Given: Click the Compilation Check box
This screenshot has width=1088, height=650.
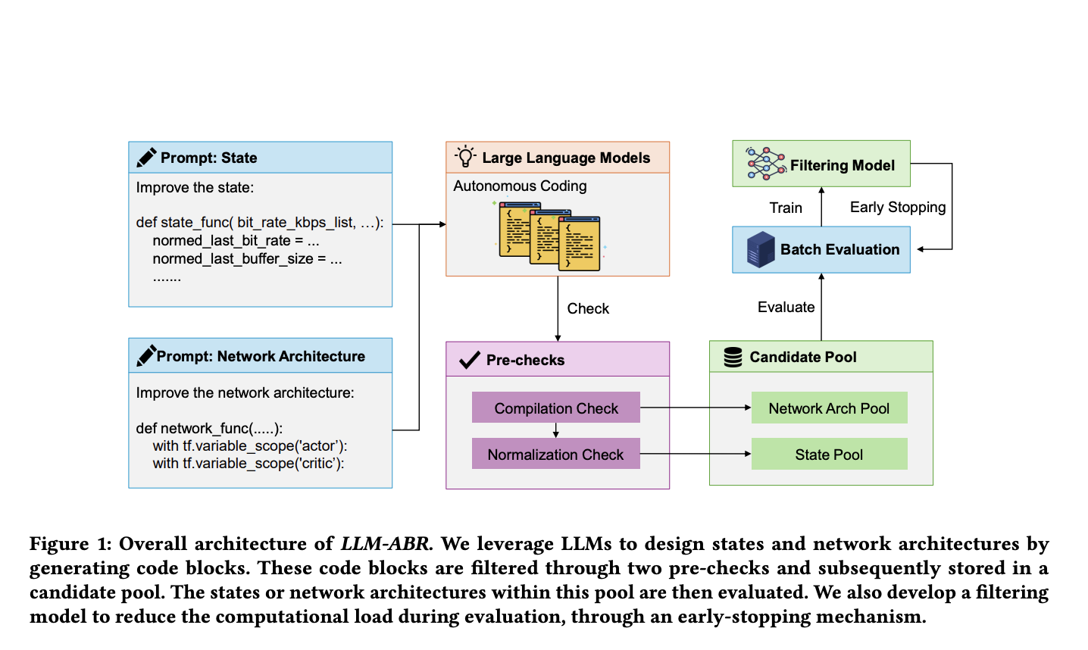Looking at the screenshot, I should (555, 408).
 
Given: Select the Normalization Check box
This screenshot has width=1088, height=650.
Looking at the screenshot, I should (555, 454).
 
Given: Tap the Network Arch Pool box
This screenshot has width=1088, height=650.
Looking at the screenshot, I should (829, 408).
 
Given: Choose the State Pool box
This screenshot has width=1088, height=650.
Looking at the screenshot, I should (829, 454).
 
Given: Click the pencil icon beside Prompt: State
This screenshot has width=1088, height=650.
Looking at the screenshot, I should (146, 158).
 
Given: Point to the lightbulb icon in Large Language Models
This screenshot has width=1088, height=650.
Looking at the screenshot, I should (465, 157).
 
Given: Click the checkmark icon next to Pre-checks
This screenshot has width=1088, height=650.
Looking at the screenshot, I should (469, 360).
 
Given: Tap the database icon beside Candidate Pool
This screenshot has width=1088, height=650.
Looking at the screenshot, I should (733, 357).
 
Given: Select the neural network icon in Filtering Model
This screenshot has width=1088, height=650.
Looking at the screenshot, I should (765, 164).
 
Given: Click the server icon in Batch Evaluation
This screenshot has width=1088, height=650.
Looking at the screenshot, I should (760, 249).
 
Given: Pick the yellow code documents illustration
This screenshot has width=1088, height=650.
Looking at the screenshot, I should (549, 236).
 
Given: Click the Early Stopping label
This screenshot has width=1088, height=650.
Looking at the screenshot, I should (897, 207).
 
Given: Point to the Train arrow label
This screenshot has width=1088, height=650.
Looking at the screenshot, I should (785, 208).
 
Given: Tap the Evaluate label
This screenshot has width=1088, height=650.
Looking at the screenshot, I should (786, 307).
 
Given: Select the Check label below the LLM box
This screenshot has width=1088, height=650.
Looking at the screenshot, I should (588, 308).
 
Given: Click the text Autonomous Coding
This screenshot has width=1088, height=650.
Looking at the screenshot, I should (520, 186).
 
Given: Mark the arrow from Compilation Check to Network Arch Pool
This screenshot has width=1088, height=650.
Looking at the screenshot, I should (695, 408).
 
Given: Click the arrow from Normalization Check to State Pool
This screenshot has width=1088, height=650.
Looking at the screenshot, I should (695, 454).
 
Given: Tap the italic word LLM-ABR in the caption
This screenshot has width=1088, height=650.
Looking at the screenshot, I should (385, 544).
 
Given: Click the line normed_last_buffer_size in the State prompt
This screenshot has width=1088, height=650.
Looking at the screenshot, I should (247, 259).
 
